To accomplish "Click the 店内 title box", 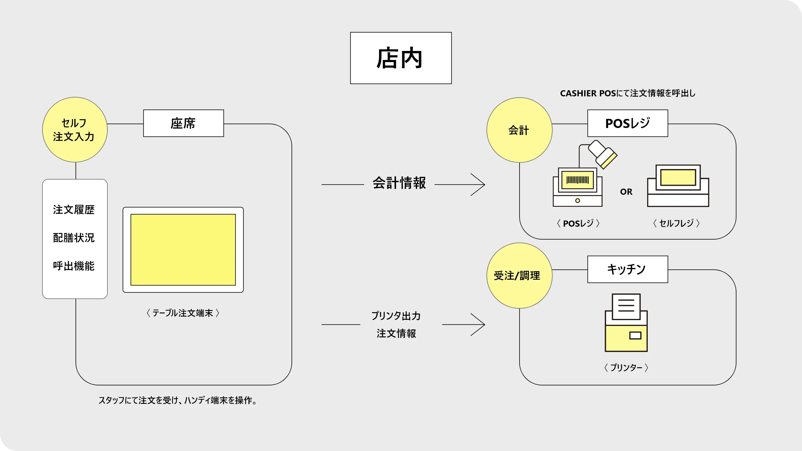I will coord(401,58).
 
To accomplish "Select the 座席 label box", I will coord(183,123).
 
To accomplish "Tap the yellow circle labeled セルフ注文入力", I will coord(75,129).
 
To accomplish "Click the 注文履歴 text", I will coord(74,210).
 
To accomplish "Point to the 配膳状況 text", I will coord(74,238).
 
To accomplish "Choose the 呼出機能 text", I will coord(74,266).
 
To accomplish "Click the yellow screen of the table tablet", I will coord(183,250).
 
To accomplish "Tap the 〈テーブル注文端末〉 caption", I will coord(183,313).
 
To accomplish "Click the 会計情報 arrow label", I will coord(399,183).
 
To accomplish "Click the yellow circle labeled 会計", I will coord(519,130).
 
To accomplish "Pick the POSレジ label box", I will coord(627,123).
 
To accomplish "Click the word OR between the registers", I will coord(626,192).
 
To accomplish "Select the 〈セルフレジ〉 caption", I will coord(676,223).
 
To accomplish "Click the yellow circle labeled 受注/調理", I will coord(519,275).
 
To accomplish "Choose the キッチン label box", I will coord(627,269).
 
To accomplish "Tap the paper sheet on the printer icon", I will coord(626,306).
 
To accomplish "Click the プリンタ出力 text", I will coord(396,316).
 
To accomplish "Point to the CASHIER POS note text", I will coord(627,93).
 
